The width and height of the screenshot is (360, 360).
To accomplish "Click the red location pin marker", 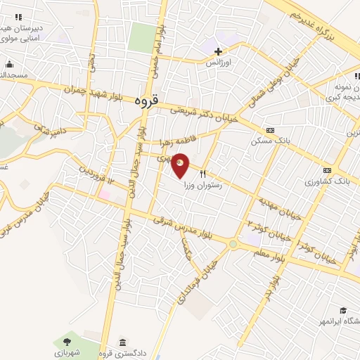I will [181, 165].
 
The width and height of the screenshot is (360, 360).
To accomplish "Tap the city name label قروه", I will [147, 101].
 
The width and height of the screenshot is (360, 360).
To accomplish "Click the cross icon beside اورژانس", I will [218, 51].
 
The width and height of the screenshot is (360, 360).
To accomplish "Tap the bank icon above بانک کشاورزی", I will [327, 170].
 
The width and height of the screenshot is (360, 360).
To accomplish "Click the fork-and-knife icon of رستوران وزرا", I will [203, 172].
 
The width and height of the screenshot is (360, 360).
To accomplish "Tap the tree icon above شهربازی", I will [65, 340].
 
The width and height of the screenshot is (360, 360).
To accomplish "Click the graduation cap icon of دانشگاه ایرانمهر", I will [343, 310].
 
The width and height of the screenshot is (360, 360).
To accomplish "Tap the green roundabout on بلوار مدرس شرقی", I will [233, 244].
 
